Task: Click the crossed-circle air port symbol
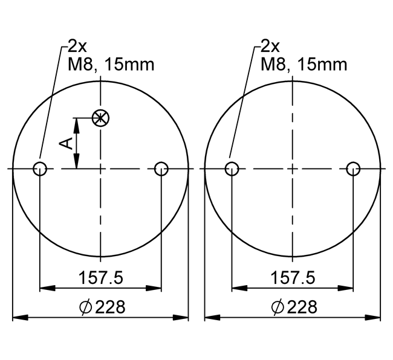click(x=100, y=118)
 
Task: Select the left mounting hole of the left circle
click(x=40, y=169)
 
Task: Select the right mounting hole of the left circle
click(x=161, y=169)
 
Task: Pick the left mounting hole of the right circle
click(x=232, y=169)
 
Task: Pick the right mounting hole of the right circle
click(x=353, y=169)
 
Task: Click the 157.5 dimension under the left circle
click(x=101, y=278)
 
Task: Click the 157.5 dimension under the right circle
click(x=293, y=278)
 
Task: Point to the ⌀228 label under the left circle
click(x=102, y=307)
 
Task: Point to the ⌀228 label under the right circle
click(x=294, y=307)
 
